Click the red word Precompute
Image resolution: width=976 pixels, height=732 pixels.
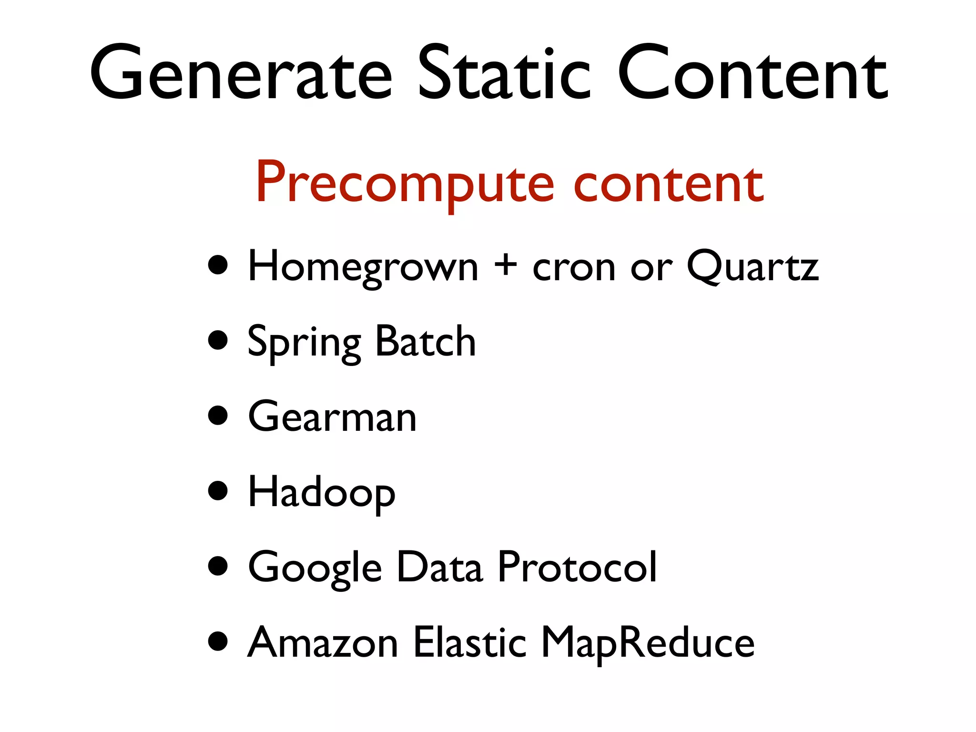(x=405, y=184)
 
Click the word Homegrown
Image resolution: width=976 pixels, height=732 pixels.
(x=363, y=267)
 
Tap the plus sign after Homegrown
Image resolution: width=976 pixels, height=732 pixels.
(x=505, y=266)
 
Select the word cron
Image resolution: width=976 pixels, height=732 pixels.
(x=574, y=268)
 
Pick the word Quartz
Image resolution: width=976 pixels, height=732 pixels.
(x=752, y=267)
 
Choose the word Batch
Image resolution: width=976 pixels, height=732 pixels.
(x=426, y=341)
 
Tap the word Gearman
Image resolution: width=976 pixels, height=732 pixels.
(x=332, y=417)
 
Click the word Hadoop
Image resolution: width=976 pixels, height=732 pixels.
(x=322, y=493)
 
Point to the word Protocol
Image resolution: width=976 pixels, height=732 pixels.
(x=577, y=567)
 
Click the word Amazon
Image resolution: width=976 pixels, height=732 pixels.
(x=323, y=642)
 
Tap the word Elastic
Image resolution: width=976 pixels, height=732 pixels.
(x=469, y=642)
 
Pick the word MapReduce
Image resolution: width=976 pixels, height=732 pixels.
(x=648, y=643)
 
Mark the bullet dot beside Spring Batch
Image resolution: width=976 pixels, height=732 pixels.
(x=218, y=340)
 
